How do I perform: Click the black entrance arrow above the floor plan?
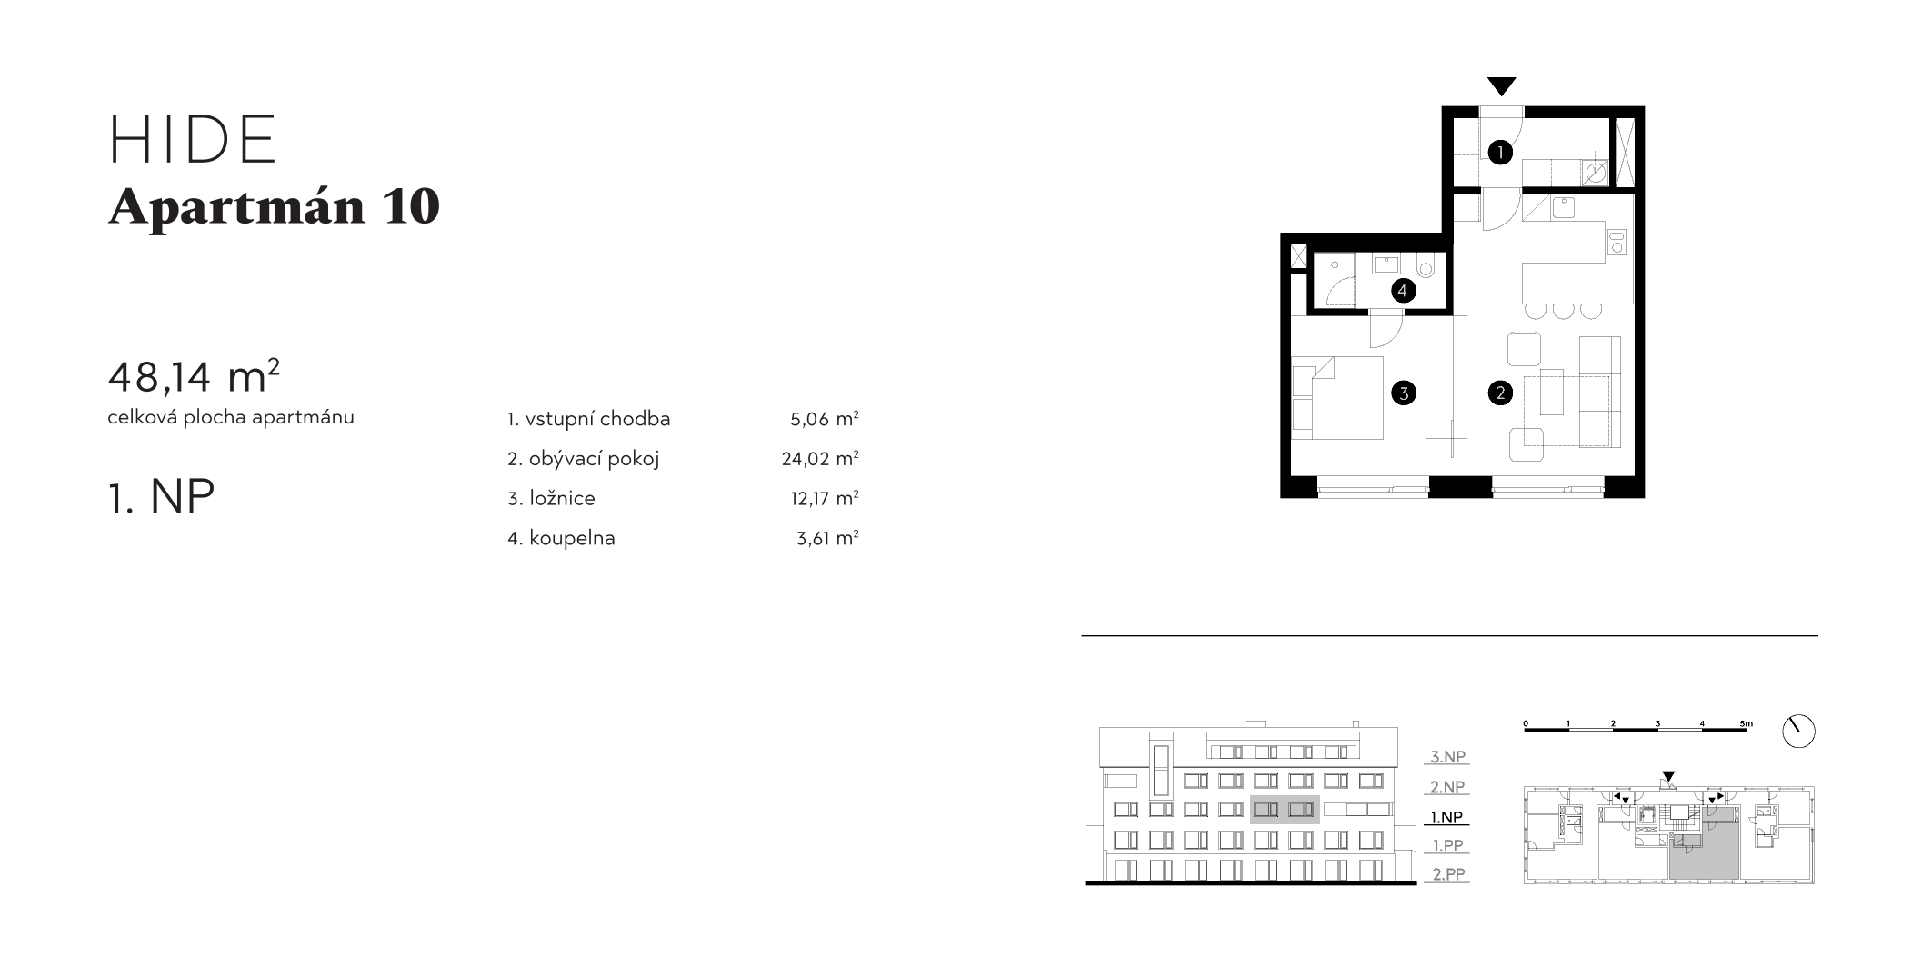1502,86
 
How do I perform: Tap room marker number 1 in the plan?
1500,152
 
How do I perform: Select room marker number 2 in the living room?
1500,393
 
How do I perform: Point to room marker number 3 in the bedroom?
1404,393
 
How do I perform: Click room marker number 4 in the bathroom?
1403,291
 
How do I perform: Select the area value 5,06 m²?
824,419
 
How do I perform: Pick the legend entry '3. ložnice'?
551,498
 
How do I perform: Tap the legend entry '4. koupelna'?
561,538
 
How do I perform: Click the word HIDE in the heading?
193,140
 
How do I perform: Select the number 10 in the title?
411,206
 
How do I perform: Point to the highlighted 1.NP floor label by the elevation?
1446,817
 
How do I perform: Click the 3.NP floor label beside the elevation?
1447,756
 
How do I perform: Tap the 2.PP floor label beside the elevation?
1448,874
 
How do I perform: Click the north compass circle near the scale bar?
1798,731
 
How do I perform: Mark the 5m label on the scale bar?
1746,724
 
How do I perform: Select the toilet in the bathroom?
1425,268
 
